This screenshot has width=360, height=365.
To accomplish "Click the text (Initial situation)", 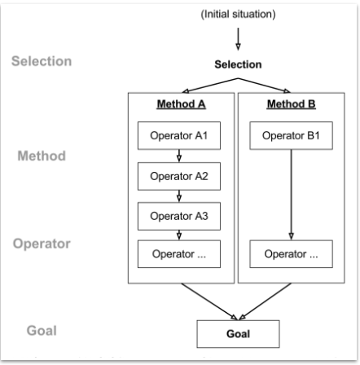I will tap(239, 15).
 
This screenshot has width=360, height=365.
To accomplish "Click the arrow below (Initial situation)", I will tap(239, 38).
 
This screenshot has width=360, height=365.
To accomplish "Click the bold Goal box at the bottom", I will tap(239, 333).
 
